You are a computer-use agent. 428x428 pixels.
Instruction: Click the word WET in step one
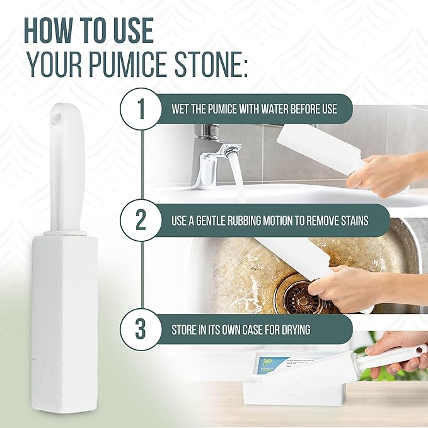182,109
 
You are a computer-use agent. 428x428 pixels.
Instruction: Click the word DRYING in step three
314,329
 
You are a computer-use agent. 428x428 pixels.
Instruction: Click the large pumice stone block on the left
64,315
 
